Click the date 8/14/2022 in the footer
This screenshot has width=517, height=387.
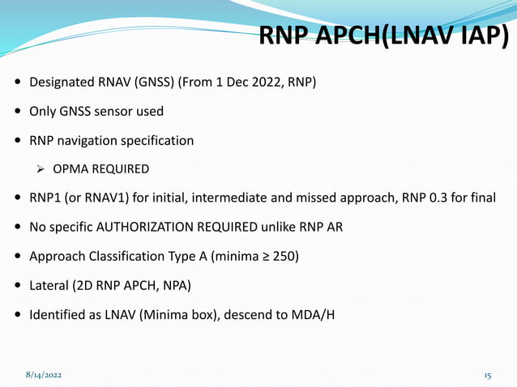[43, 376]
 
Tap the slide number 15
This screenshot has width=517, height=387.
[488, 376]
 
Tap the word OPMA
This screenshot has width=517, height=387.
[70, 169]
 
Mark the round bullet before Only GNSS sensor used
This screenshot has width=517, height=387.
[18, 112]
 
